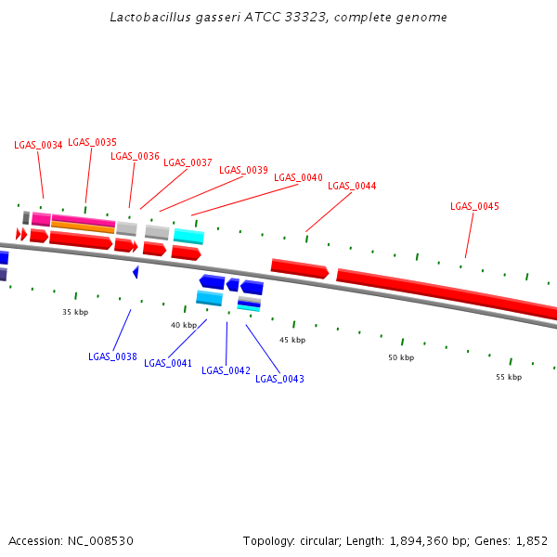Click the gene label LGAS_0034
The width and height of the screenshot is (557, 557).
coord(38,145)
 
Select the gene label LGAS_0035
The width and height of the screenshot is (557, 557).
coord(92,142)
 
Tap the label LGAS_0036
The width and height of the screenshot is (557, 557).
coord(135,156)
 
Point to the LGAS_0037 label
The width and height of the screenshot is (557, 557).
coord(188,162)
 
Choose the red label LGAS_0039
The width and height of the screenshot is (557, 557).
coord(243,170)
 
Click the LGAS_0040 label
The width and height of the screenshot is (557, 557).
coord(298,177)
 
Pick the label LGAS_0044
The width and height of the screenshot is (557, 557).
coord(352,186)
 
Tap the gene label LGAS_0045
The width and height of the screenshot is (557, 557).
coord(474,206)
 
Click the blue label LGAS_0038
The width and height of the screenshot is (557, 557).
coord(112,356)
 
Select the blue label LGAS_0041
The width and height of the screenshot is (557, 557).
coord(168,363)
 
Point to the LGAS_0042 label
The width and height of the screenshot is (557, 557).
coord(226,370)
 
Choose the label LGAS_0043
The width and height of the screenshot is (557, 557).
coord(279,379)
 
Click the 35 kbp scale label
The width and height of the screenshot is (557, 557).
coord(74,313)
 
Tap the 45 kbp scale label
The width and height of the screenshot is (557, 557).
coord(292,340)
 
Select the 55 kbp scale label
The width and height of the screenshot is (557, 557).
coord(509,377)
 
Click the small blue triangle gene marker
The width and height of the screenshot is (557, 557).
coord(136,272)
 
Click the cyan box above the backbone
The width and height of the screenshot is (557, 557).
coord(188,236)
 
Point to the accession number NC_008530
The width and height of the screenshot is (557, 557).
coord(99,540)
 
